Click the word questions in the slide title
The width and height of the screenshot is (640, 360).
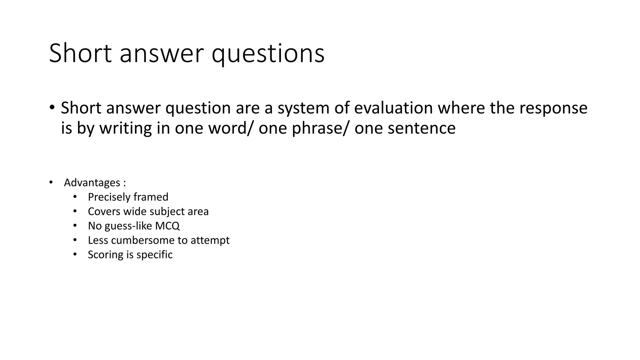tap(268, 54)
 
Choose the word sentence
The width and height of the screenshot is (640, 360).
tap(422, 128)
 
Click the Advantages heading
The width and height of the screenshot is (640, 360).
tap(92, 182)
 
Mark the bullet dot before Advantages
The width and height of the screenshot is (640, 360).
tap(51, 182)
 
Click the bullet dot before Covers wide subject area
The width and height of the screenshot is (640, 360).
tap(75, 211)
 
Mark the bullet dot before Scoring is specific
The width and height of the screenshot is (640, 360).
tap(75, 254)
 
